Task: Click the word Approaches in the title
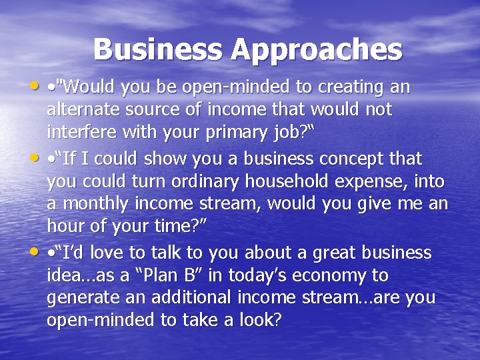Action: click(x=317, y=49)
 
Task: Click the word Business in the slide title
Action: click(x=158, y=49)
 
